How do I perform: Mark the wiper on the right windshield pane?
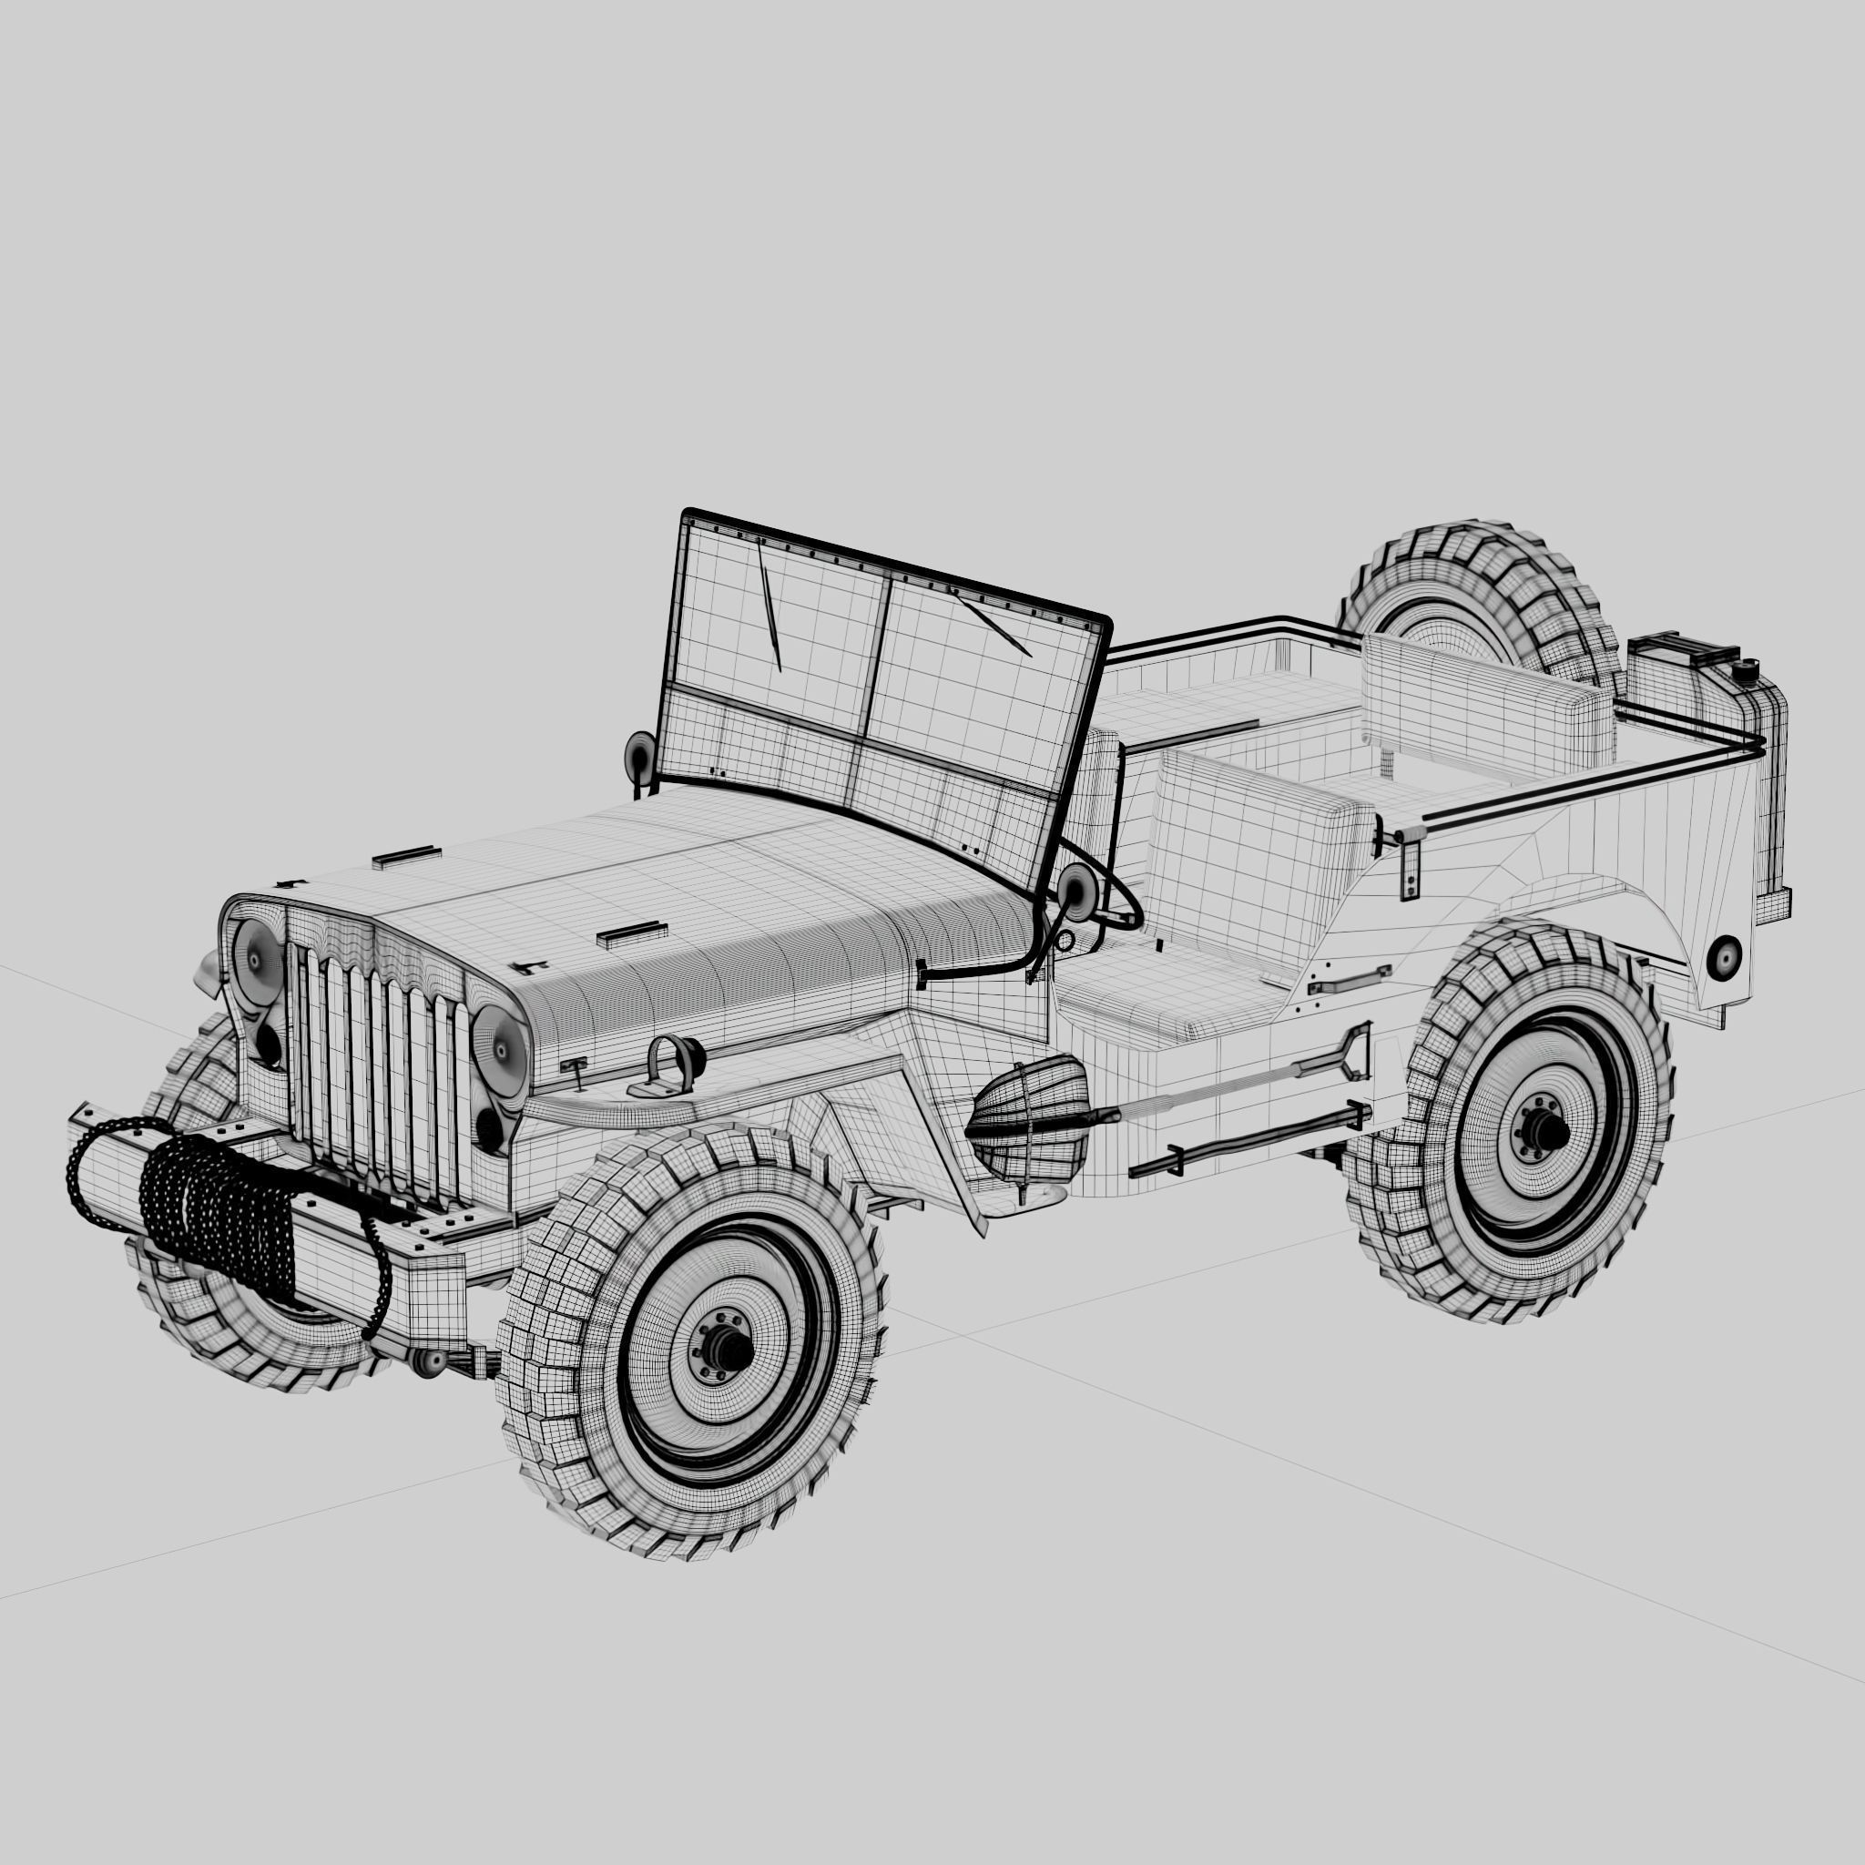pyautogui.click(x=994, y=627)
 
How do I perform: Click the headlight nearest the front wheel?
pyautogui.click(x=500, y=1052)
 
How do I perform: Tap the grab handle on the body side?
pyautogui.click(x=1350, y=983)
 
